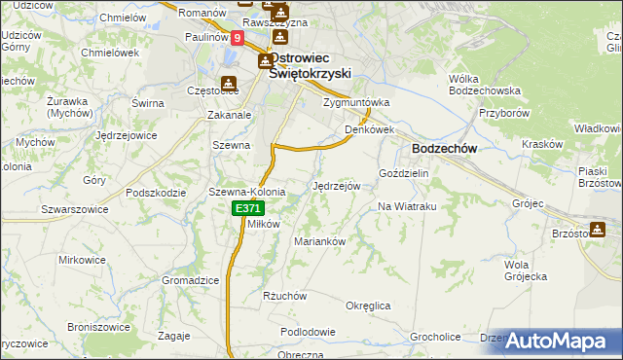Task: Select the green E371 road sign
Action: point(247,208)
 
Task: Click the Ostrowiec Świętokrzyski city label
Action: point(310,64)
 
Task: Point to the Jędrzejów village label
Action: point(337,185)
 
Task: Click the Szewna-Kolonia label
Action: point(246,192)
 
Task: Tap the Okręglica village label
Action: point(368,306)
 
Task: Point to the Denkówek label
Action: point(368,128)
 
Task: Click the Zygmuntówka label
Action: point(356,101)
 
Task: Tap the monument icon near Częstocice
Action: point(229,84)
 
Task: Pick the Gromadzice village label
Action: point(190,279)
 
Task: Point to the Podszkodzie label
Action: point(156,193)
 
